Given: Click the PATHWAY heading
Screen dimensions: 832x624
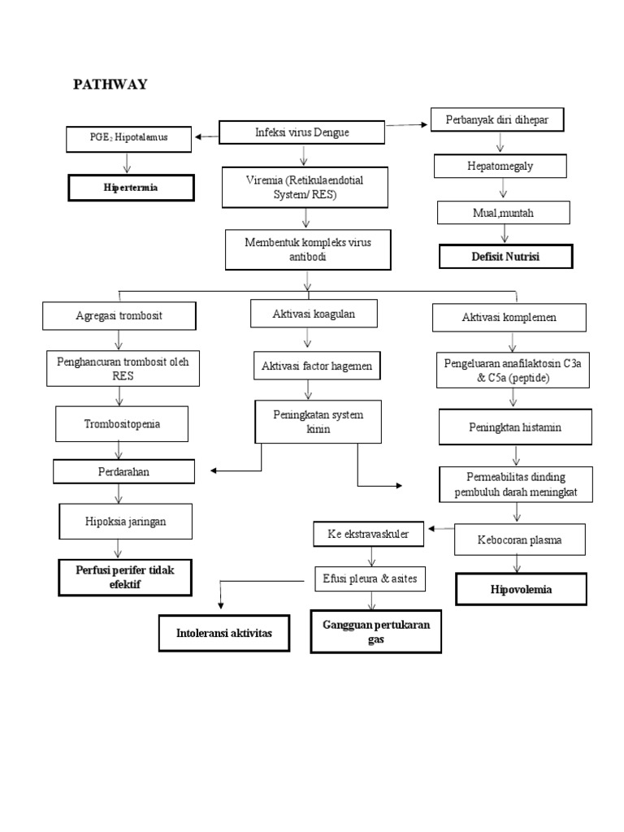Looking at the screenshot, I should (110, 84).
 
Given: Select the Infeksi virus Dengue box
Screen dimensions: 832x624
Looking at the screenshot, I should (302, 132).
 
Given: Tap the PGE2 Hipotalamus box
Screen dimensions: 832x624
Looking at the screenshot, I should (129, 138).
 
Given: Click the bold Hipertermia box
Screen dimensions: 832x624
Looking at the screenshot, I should (131, 188).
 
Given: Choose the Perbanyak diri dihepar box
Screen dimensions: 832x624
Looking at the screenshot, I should (496, 120).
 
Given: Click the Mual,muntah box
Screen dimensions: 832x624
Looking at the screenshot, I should (504, 213).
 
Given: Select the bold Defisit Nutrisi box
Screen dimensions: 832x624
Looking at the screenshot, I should (505, 257).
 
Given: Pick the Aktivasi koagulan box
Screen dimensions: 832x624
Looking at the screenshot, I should (302, 313).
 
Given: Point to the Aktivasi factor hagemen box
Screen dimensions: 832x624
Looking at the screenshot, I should (317, 366).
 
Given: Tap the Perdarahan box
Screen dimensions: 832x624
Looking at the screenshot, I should (123, 470).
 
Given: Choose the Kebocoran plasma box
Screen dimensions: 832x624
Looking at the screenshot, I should (519, 539).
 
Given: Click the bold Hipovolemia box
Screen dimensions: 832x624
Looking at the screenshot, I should (521, 589).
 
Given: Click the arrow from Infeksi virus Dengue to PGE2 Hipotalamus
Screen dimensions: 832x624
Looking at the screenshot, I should (207, 136).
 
